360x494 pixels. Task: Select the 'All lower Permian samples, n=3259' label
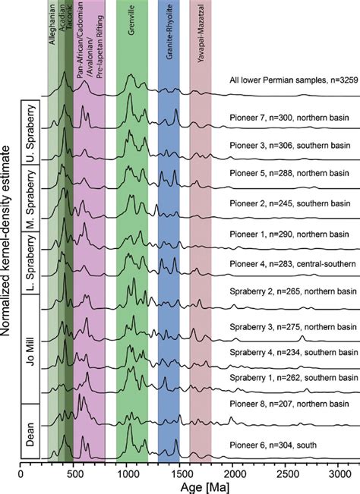290,79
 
